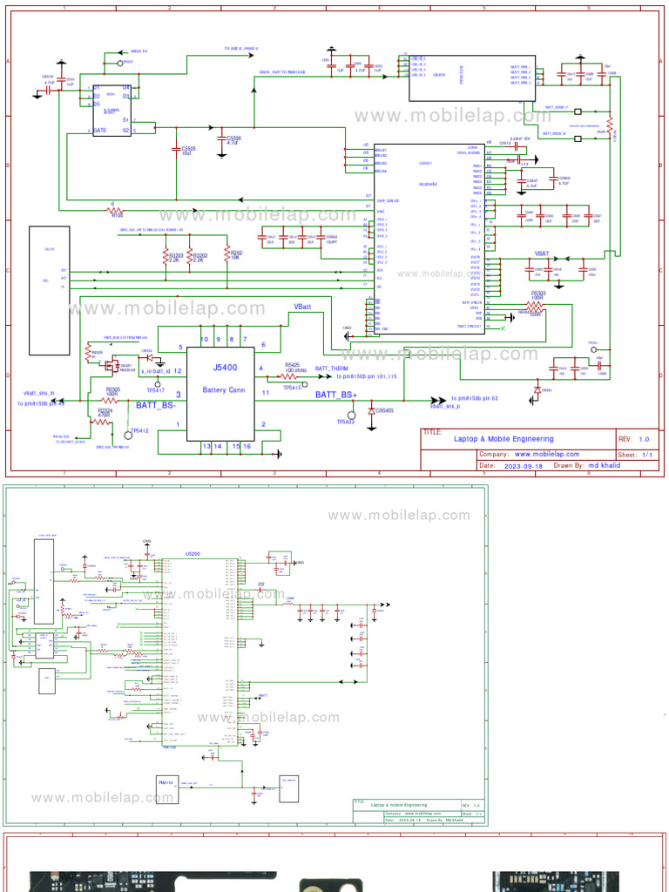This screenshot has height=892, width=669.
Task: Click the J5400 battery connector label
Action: point(217,368)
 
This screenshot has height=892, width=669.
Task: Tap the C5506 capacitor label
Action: point(233,139)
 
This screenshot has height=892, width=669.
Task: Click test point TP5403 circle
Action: point(352,415)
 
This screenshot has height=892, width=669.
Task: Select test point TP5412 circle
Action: point(129,433)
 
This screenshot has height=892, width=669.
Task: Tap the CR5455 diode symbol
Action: point(372,409)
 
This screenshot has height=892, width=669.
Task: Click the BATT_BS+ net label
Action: point(336,395)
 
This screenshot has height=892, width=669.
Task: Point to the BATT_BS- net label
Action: point(156,405)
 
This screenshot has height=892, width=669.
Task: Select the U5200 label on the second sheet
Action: point(192,554)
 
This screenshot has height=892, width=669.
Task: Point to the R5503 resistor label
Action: point(537,294)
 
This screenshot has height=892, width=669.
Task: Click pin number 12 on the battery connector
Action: point(178,371)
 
